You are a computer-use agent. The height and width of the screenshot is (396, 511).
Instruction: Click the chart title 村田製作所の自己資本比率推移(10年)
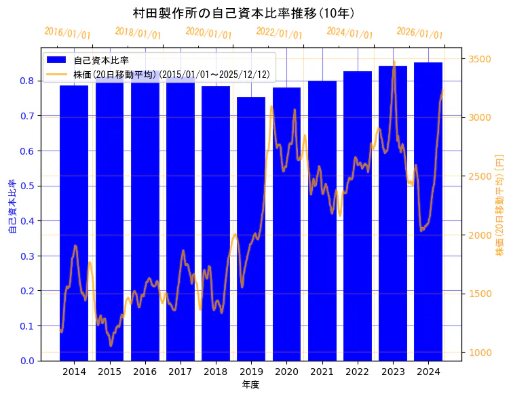tap(244, 13)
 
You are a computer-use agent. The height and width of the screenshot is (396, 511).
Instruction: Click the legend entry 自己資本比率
tap(101, 60)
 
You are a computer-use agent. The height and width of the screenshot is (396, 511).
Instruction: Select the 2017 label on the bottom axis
tap(180, 372)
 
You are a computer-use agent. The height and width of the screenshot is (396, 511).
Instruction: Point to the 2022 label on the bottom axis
tap(357, 372)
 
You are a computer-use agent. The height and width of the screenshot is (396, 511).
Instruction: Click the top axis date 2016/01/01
tap(67, 33)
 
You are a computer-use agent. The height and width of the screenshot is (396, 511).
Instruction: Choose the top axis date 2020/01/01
tap(208, 33)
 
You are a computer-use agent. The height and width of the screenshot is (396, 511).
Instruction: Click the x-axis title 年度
tap(251, 384)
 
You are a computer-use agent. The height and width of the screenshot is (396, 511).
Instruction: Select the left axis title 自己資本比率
tap(12, 206)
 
